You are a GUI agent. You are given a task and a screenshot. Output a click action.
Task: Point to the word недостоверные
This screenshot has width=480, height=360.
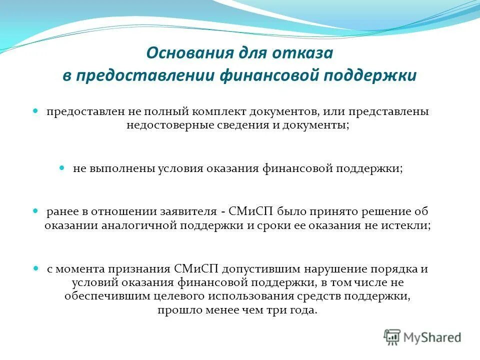[170, 125]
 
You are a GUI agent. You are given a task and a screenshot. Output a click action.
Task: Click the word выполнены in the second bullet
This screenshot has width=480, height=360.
[122, 168]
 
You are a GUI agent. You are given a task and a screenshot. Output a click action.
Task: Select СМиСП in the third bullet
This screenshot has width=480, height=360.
[246, 211]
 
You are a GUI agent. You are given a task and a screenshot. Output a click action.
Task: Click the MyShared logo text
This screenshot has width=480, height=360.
[432, 337]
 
